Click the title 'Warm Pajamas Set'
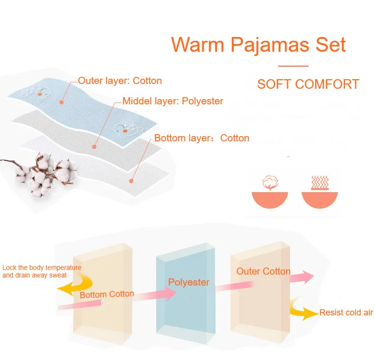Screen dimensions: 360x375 point(258,44)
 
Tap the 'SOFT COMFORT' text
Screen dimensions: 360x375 point(308,84)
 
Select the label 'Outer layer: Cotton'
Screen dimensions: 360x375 point(120,81)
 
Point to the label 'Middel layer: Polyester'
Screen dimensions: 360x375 point(172,101)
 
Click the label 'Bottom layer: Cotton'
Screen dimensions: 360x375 point(202,138)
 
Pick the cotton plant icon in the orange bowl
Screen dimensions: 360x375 point(269,184)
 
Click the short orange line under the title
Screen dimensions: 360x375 point(293,66)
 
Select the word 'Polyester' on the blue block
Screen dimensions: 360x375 point(188,282)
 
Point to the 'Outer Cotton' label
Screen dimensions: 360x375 point(263,271)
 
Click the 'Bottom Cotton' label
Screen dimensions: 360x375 point(107,294)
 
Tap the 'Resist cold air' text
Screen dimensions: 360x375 point(346,313)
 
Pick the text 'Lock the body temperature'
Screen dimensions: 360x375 point(42,268)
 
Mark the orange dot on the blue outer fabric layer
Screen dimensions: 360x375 point(61,101)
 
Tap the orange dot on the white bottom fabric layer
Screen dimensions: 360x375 point(131,181)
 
